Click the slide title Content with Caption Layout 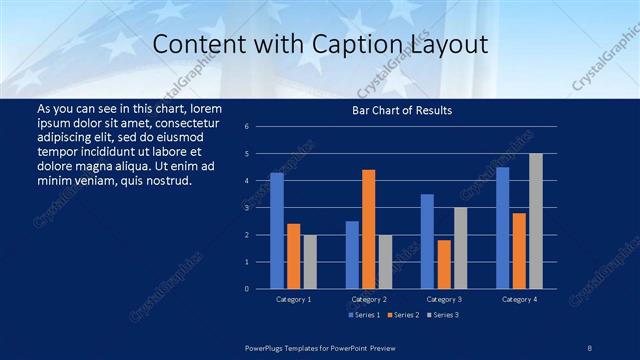tap(320, 45)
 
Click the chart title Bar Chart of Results tap(401, 110)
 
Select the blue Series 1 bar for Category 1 tap(277, 230)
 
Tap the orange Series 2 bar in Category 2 tap(369, 229)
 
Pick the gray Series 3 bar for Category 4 tap(536, 220)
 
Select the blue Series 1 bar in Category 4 tap(503, 227)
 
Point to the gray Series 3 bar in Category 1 tap(310, 261)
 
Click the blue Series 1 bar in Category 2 tap(352, 254)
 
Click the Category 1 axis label tap(293, 299)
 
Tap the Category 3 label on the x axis tap(444, 299)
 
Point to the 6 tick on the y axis tap(260, 127)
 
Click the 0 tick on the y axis tap(260, 288)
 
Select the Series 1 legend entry tap(364, 315)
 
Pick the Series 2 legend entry tap(403, 315)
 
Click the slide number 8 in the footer tap(589, 347)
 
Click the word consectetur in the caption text tap(191, 121)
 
